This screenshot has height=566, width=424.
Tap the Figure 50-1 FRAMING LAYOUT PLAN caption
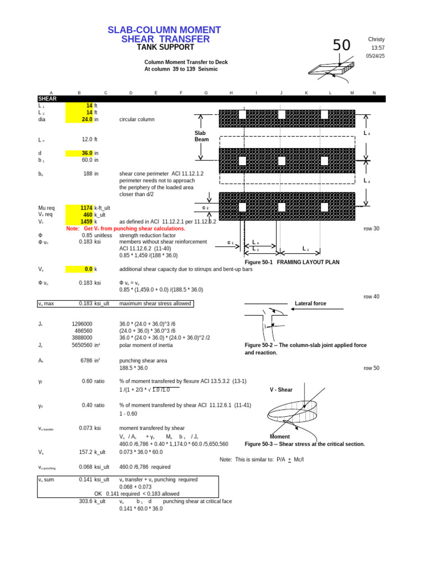pyautogui.click(x=296, y=262)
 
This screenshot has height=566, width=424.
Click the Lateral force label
pyautogui.click(x=311, y=303)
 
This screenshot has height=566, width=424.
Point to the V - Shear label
pyautogui.click(x=281, y=390)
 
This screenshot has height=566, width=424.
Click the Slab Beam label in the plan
pyautogui.click(x=200, y=137)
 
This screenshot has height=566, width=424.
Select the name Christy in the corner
pyautogui.click(x=376, y=39)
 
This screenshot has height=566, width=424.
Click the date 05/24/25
pyautogui.click(x=375, y=56)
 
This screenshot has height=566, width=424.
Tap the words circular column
pyautogui.click(x=137, y=119)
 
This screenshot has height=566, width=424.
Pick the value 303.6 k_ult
pyautogui.click(x=92, y=501)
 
